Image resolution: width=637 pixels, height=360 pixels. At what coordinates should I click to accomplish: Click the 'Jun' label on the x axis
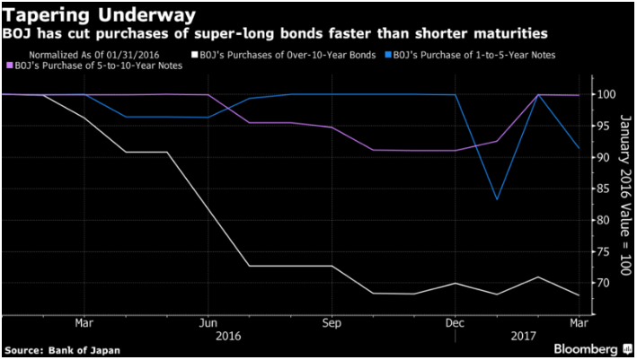coord(208,322)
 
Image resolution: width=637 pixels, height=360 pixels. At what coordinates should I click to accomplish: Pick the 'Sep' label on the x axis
coord(331,322)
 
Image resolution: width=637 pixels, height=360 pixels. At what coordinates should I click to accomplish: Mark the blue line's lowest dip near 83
coord(497,199)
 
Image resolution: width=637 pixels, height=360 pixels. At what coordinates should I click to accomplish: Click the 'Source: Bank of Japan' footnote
coord(62,348)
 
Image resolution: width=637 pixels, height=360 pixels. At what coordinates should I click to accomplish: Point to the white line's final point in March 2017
coord(579,294)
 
